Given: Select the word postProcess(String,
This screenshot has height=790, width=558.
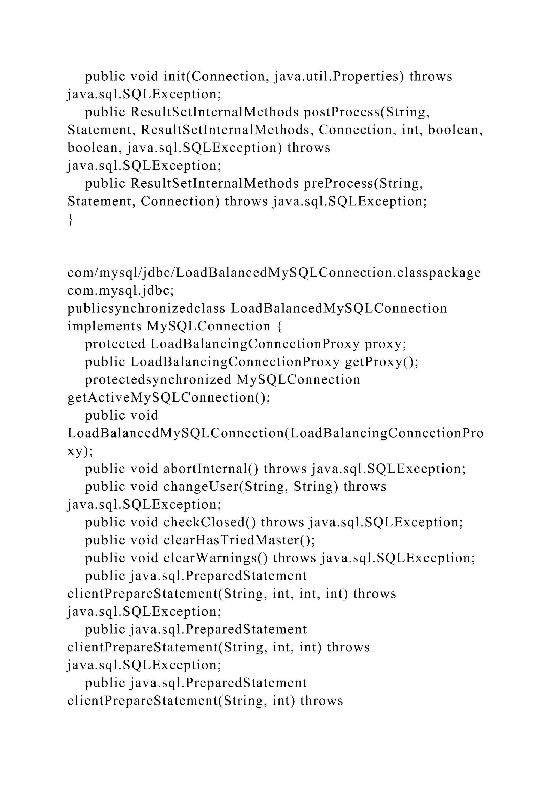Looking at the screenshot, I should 367,112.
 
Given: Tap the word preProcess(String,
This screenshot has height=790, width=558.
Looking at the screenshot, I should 363,183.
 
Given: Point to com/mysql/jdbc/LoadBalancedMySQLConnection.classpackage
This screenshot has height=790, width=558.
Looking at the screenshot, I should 274,273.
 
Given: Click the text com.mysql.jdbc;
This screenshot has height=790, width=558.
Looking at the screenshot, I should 121,291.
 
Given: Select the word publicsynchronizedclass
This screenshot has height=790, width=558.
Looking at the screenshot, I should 146,308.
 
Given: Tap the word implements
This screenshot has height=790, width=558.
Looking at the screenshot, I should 104,326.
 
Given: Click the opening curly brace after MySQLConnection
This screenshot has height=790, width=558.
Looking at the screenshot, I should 279,326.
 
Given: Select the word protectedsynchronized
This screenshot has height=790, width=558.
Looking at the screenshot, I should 158,379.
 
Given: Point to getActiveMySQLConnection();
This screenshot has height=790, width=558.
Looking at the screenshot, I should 169,397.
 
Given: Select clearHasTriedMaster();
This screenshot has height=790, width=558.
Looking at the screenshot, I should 239,540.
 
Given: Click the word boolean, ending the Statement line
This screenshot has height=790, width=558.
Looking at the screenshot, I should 456,130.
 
